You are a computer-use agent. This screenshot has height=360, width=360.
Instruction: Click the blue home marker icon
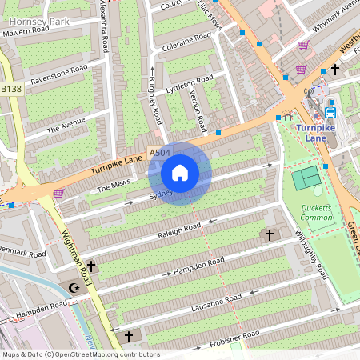tap(180, 172)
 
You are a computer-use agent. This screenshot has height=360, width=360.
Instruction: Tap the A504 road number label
tap(159, 152)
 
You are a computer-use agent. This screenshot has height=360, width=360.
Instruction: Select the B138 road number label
tap(10, 89)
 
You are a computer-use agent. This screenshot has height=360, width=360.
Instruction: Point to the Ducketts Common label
tap(316, 212)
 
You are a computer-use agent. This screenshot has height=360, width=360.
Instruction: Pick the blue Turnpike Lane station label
tap(322, 132)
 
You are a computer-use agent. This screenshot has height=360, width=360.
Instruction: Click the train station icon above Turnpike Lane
tap(330, 112)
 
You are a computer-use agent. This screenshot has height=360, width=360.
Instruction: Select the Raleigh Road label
tap(180, 230)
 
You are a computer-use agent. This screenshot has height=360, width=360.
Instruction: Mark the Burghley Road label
tap(154, 102)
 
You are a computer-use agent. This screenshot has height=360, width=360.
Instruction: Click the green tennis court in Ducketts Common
tap(306, 177)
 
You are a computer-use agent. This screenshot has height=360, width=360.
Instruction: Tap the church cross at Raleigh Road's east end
tap(269, 235)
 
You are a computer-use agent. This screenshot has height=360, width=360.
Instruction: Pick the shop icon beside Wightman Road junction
tap(58, 193)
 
